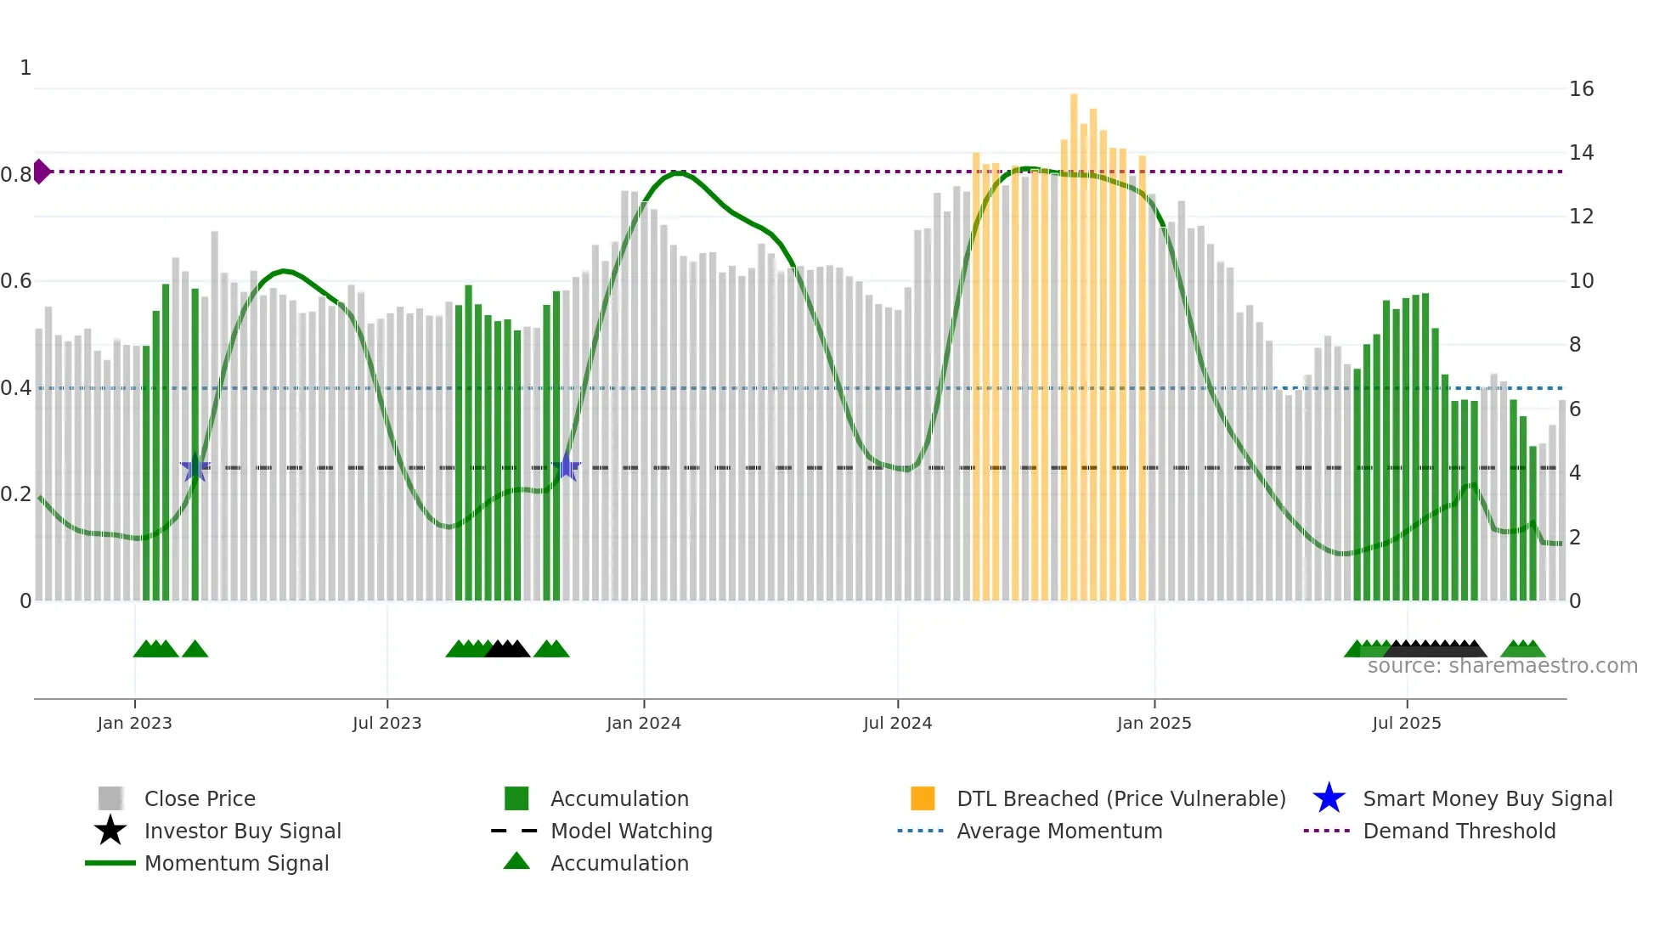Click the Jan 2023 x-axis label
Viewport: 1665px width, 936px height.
click(x=134, y=723)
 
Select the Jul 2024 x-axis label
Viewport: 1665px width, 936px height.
click(x=897, y=723)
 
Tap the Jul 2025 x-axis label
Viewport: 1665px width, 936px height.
click(x=1406, y=723)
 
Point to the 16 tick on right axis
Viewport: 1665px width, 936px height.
click(x=1581, y=89)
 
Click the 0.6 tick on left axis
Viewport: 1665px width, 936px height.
click(x=16, y=281)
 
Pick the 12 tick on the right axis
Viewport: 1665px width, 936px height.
click(x=1581, y=217)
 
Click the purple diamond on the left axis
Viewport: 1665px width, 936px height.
click(x=41, y=172)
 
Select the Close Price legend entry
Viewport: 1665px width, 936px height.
click(x=200, y=798)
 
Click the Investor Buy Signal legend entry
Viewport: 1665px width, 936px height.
click(x=242, y=831)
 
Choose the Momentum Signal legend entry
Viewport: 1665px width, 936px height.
click(x=236, y=863)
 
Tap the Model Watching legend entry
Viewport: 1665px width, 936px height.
click(x=631, y=831)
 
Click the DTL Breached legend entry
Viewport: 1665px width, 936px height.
click(x=1120, y=798)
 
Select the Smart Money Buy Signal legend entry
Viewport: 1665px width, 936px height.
click(x=1487, y=798)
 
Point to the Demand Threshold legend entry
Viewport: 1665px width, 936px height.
click(x=1459, y=831)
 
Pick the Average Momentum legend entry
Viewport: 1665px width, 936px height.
click(x=1058, y=831)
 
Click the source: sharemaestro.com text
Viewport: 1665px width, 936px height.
click(x=1502, y=666)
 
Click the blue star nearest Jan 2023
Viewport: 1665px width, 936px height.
click(x=195, y=467)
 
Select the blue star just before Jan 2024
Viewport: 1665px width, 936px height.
click(x=567, y=467)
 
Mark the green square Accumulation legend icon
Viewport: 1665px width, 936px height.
click(x=516, y=798)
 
